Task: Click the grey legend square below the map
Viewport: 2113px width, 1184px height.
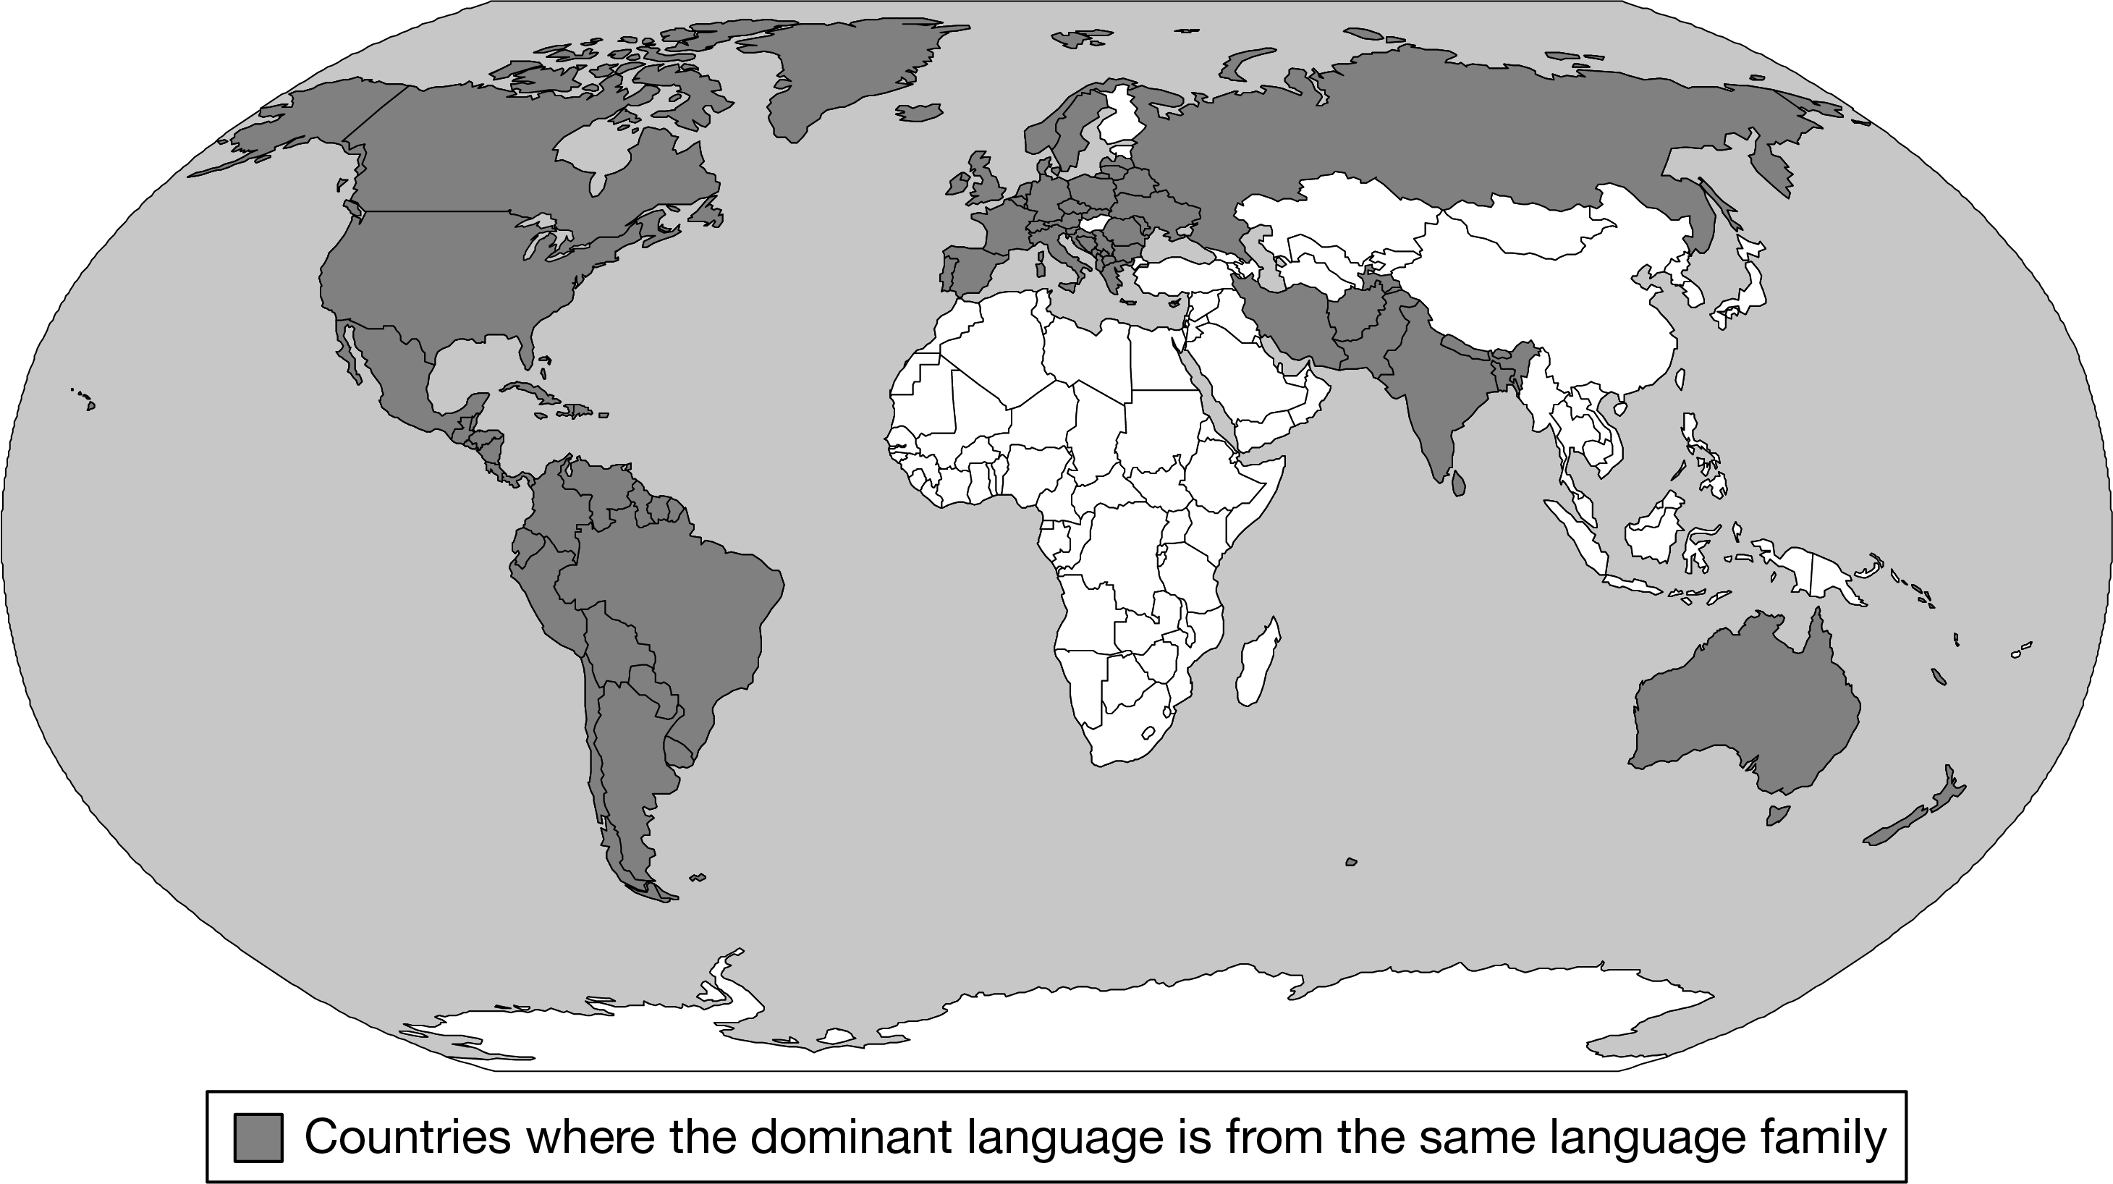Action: (258, 1137)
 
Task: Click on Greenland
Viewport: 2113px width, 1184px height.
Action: (845, 74)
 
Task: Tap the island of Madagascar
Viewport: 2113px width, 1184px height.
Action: (1257, 664)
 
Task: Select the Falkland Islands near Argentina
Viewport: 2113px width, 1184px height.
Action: (698, 877)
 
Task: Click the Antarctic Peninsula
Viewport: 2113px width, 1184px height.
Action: (722, 984)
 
